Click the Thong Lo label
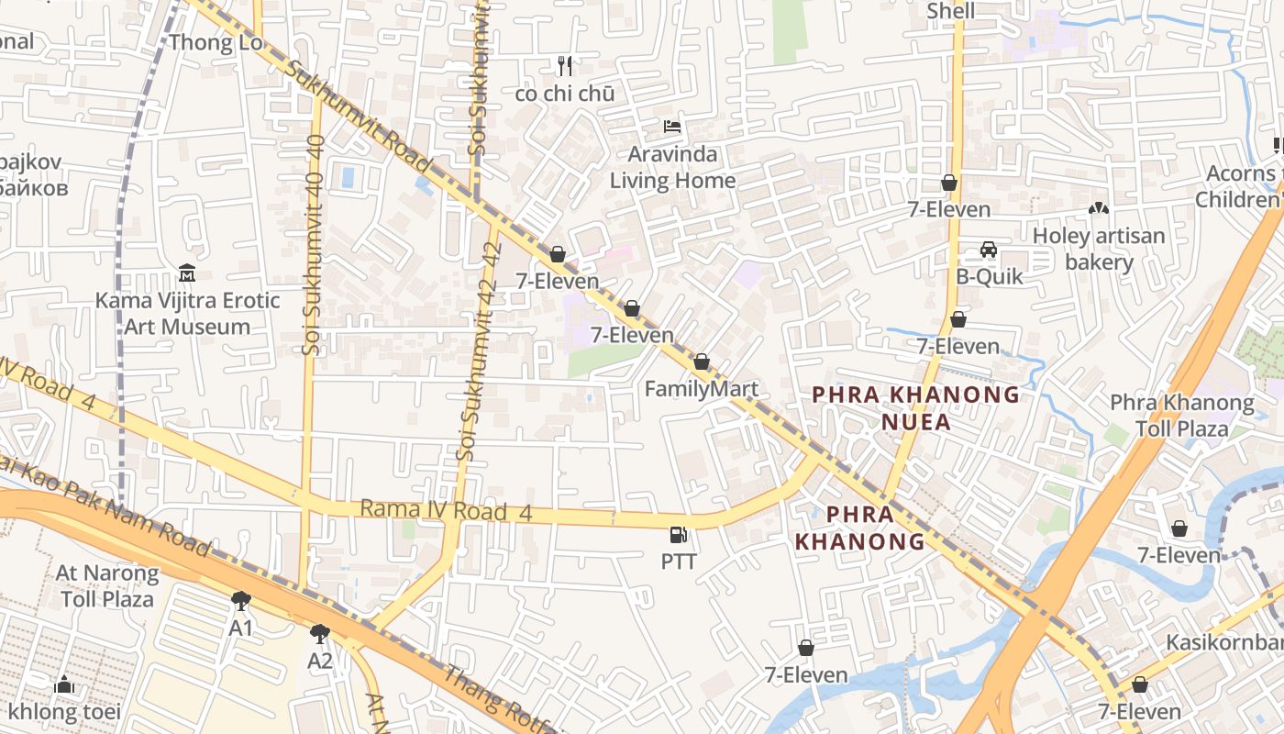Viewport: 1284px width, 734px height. point(215,42)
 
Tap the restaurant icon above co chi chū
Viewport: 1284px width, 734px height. point(565,66)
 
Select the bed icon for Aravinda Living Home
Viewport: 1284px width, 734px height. point(673,127)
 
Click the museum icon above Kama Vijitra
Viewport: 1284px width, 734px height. point(187,273)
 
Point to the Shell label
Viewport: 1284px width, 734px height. point(950,11)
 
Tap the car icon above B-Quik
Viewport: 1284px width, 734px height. point(989,250)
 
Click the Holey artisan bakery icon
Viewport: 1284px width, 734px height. point(1098,209)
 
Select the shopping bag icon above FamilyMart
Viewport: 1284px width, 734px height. point(702,362)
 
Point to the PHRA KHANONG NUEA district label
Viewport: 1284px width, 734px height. point(915,408)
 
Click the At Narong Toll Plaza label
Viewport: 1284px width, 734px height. point(107,586)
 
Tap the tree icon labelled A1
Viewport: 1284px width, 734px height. point(241,602)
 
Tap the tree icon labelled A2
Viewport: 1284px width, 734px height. point(320,633)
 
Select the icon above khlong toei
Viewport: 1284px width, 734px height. point(63,684)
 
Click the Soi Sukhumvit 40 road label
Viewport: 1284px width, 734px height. point(313,245)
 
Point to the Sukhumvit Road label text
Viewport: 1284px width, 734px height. point(358,117)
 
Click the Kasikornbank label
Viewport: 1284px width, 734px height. point(1224,641)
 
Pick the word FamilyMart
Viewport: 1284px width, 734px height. point(701,389)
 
